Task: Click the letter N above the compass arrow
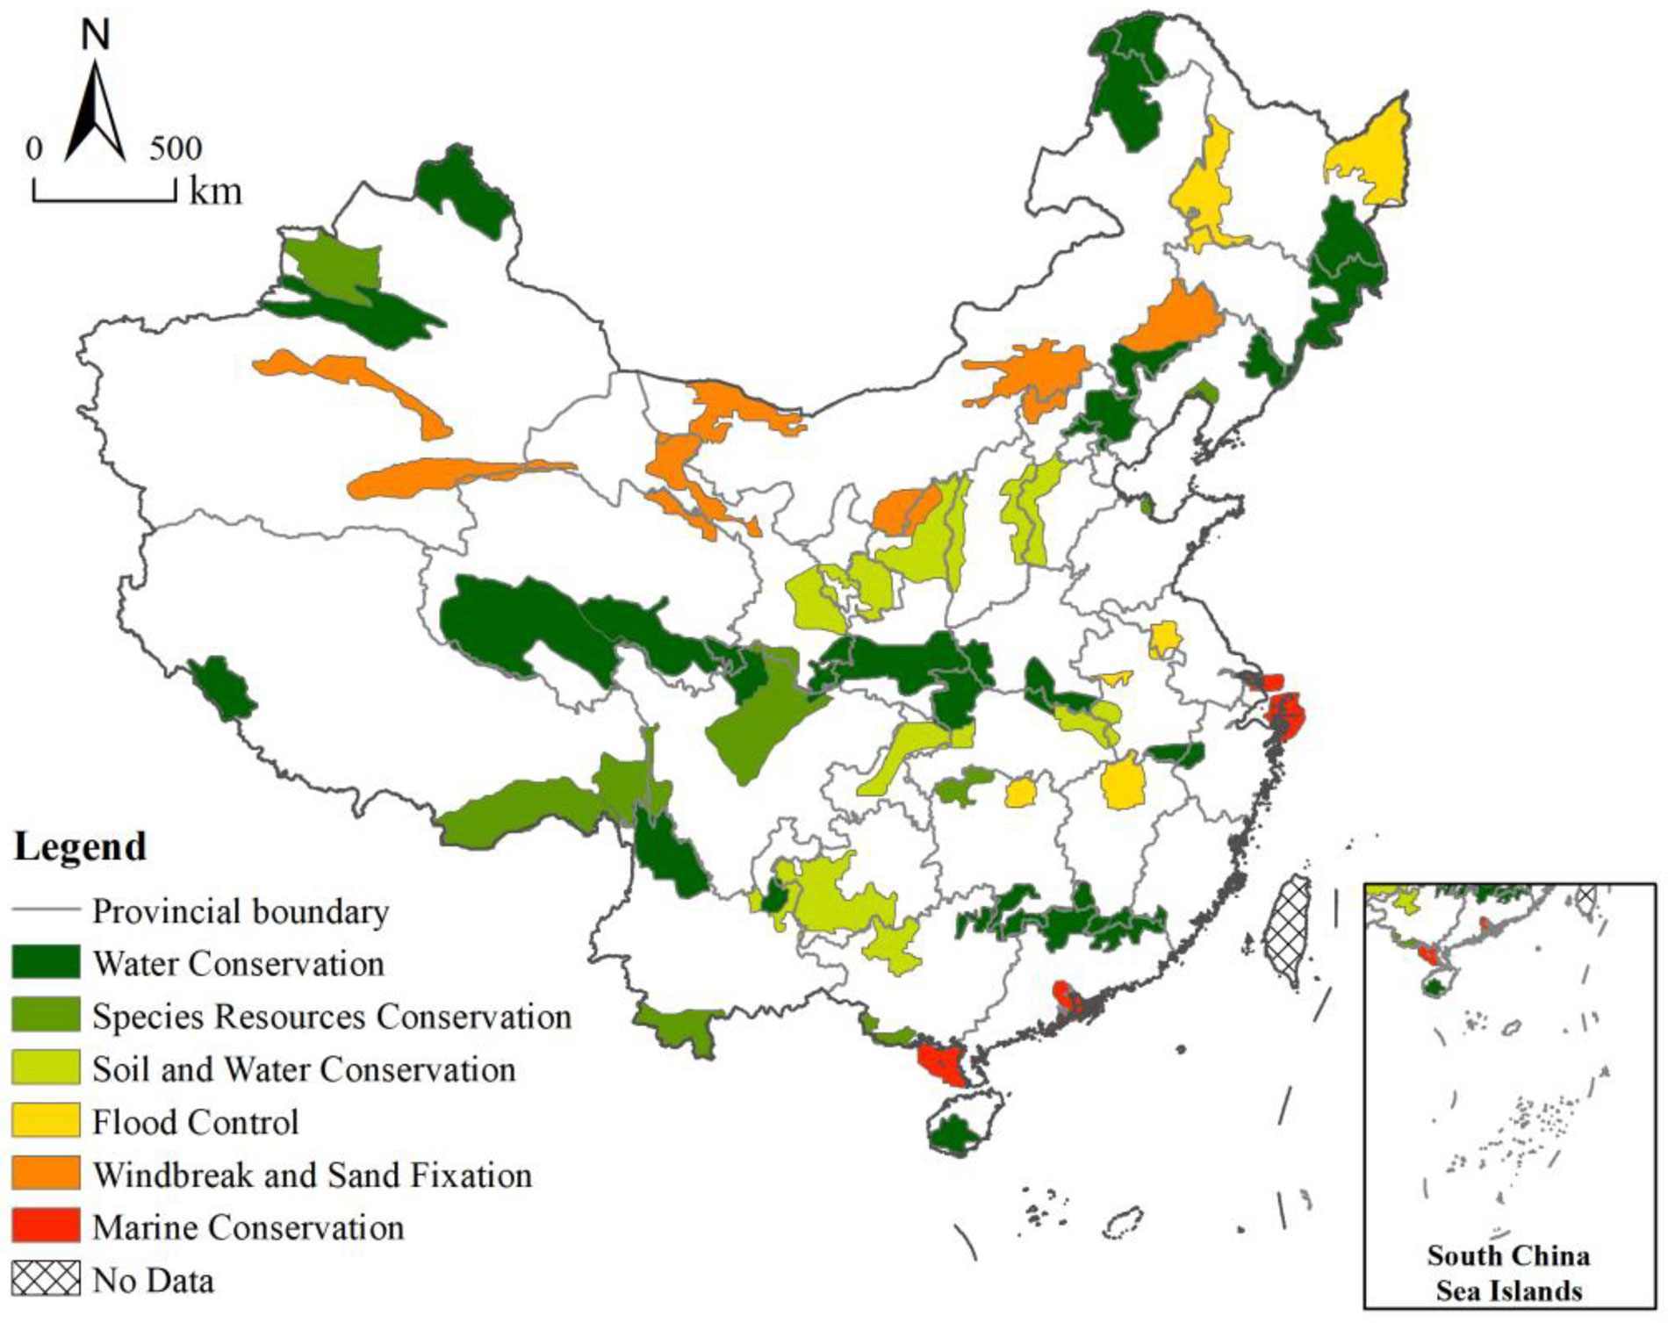coord(95,35)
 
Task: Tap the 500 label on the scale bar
coord(175,148)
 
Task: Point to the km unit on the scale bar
coord(215,191)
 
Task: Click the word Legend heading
coord(80,846)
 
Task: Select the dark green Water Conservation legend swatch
coord(46,963)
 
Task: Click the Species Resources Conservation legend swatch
coord(46,1016)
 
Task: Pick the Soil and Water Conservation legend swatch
coord(46,1068)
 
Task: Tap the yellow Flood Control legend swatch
coord(46,1121)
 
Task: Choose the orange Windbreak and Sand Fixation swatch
coord(46,1174)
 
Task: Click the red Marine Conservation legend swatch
coord(46,1226)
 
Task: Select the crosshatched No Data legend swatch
coord(46,1279)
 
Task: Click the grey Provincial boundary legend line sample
coord(46,910)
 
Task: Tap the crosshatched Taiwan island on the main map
coord(1287,931)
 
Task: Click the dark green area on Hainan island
coord(954,1134)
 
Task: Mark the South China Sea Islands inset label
coord(1508,1273)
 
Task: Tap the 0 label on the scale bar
coord(33,148)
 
